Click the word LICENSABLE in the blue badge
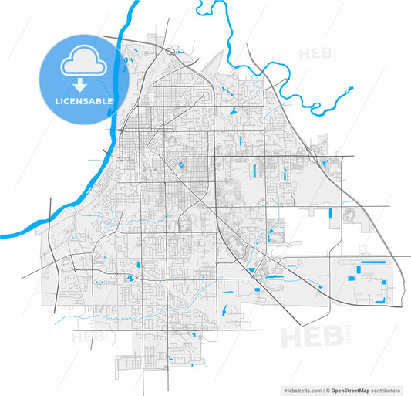pos(83,101)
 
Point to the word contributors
pos(389,389)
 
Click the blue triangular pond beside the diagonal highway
pos(251,269)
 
